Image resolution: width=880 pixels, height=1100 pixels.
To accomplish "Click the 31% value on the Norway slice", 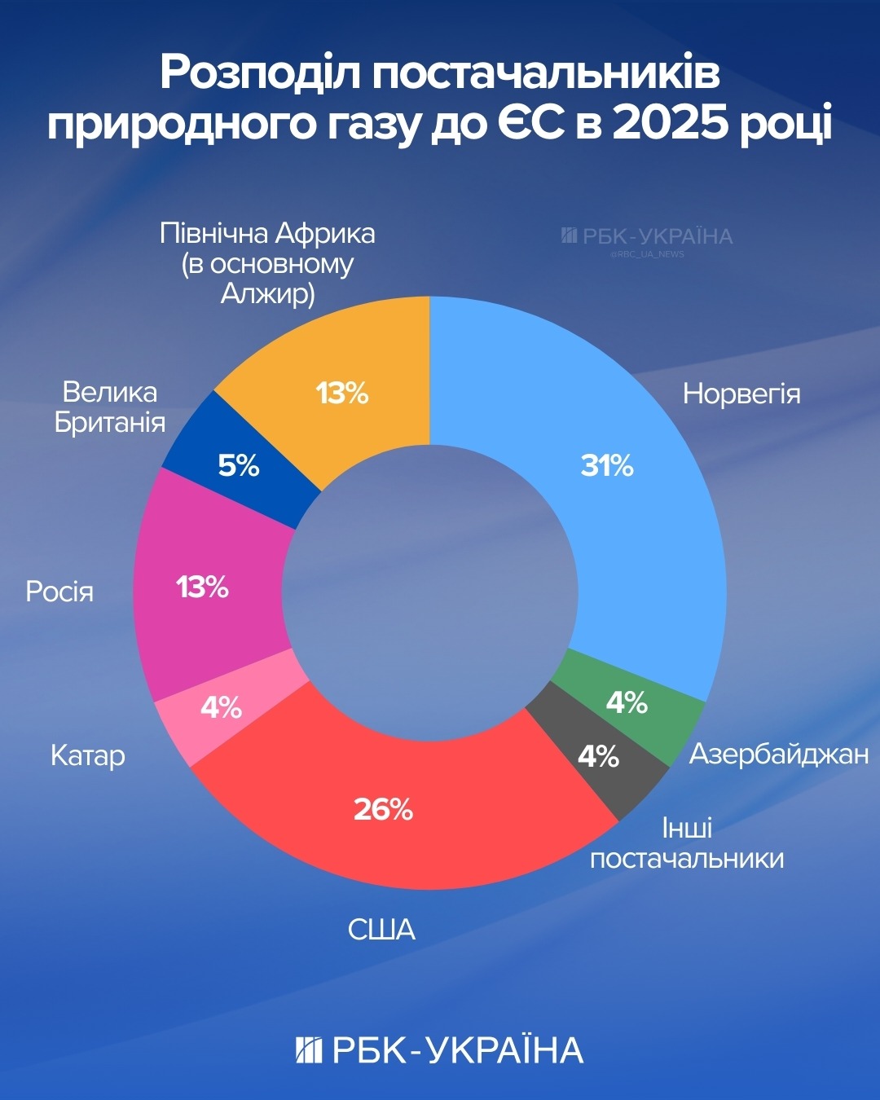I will [x=607, y=465].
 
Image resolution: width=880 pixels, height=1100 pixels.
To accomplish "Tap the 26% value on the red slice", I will [x=383, y=809].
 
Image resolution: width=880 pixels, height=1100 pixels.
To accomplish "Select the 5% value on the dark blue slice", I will [x=239, y=465].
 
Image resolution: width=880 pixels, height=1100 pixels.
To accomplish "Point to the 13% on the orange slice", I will [x=342, y=394].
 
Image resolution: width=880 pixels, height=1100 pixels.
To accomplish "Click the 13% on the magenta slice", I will [x=202, y=587].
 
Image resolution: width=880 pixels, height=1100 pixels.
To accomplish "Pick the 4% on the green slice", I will [x=627, y=702].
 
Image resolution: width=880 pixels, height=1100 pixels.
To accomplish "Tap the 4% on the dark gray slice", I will [x=598, y=756].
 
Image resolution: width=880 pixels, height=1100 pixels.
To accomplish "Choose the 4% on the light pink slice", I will [x=221, y=707].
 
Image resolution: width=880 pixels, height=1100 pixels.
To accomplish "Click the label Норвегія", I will [x=741, y=394].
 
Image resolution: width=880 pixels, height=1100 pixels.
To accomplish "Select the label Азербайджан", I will [x=779, y=754].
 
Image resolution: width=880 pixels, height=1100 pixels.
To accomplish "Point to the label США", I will [x=381, y=929].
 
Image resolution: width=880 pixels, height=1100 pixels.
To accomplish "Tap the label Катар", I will [x=88, y=755].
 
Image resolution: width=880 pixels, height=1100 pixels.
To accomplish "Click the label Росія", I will [x=59, y=591].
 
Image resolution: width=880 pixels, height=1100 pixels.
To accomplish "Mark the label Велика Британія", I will [x=110, y=407].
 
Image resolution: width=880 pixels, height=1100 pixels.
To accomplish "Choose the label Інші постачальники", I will [x=687, y=843].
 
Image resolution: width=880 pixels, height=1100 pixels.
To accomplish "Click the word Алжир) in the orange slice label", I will [x=268, y=293].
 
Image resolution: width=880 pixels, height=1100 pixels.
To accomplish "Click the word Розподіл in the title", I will [x=260, y=73].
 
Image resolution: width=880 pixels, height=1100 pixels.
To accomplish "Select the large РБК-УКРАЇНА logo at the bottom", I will [x=440, y=1050].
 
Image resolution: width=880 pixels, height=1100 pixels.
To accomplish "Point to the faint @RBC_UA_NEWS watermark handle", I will [x=647, y=254].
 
